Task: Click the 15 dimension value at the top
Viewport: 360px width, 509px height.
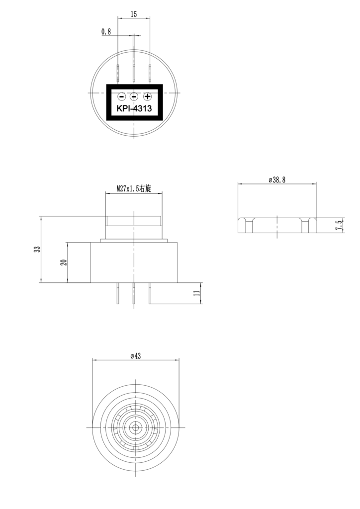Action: (x=134, y=14)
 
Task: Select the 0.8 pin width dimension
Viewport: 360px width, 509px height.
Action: (x=106, y=31)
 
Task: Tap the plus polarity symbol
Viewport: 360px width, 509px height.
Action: (x=148, y=96)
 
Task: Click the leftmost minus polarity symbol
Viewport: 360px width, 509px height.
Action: (x=121, y=96)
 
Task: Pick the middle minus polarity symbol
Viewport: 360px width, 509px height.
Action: (x=134, y=96)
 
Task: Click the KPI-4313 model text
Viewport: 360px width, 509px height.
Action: (x=134, y=108)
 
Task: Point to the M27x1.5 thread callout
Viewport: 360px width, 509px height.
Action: (x=134, y=188)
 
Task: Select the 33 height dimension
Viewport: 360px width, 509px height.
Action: (x=38, y=249)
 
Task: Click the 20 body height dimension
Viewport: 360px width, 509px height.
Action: (x=64, y=262)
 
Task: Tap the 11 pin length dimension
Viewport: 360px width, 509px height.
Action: (x=197, y=293)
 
